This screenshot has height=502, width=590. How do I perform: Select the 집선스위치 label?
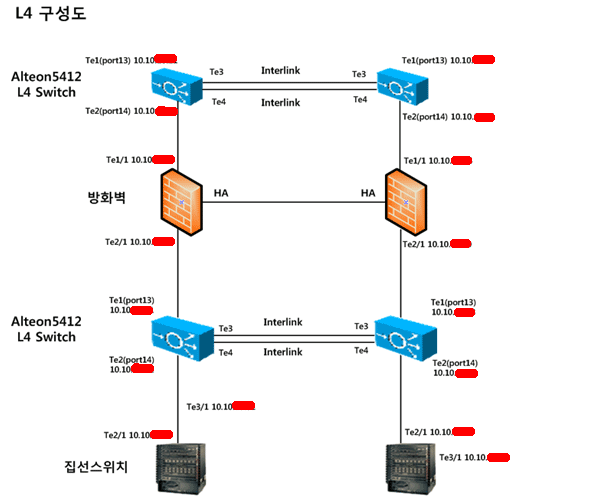click(x=97, y=466)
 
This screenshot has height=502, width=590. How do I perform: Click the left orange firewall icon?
click(x=178, y=202)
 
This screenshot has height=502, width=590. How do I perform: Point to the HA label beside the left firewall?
click(x=221, y=192)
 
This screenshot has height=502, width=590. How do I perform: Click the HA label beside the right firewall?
click(x=367, y=192)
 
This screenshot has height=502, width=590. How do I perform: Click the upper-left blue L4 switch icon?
click(x=178, y=87)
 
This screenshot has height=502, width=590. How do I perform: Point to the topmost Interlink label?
click(x=280, y=72)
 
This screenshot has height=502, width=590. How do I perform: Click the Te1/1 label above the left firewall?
click(x=118, y=159)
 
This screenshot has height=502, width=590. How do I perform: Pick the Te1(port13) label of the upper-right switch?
click(x=424, y=60)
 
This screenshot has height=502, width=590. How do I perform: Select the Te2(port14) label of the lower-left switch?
click(x=131, y=358)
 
